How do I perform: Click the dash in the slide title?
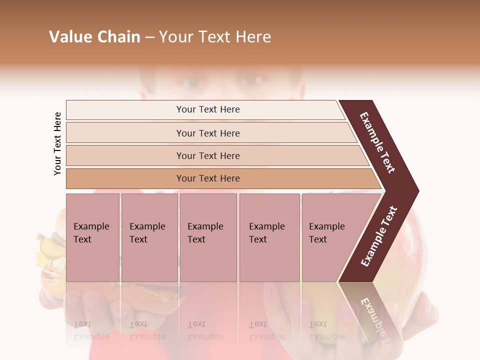[149, 37]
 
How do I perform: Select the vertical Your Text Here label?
[57, 143]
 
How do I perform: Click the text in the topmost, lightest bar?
[208, 109]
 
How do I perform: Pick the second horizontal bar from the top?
[208, 133]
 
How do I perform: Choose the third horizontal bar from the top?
[208, 155]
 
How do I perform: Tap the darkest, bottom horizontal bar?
[208, 178]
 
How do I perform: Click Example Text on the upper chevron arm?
[378, 142]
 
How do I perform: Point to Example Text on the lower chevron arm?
[378, 236]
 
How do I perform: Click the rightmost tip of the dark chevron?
[417, 191]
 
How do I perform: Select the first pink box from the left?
[92, 237]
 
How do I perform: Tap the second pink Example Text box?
[149, 237]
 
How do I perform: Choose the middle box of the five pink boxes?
[208, 237]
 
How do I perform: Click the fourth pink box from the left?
[269, 237]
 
